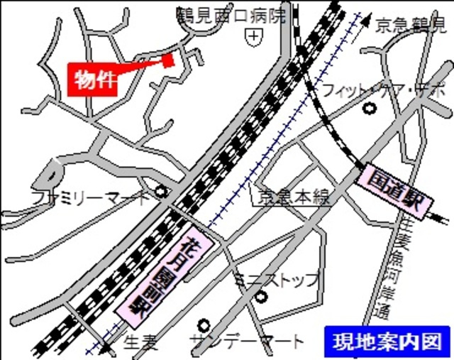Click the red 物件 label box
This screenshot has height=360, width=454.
(x=93, y=80)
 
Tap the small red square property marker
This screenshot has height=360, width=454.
(x=168, y=60)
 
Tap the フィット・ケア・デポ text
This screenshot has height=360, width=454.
(x=383, y=91)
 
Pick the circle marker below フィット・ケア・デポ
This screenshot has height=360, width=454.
(x=368, y=109)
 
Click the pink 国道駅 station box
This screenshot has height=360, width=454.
(x=395, y=192)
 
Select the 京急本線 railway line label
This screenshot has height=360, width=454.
(x=294, y=197)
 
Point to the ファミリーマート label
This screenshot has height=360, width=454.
(x=91, y=196)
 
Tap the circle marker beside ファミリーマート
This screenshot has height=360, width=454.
(x=162, y=191)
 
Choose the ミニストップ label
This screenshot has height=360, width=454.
(x=277, y=279)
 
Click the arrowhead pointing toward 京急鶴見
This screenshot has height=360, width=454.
(x=366, y=22)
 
